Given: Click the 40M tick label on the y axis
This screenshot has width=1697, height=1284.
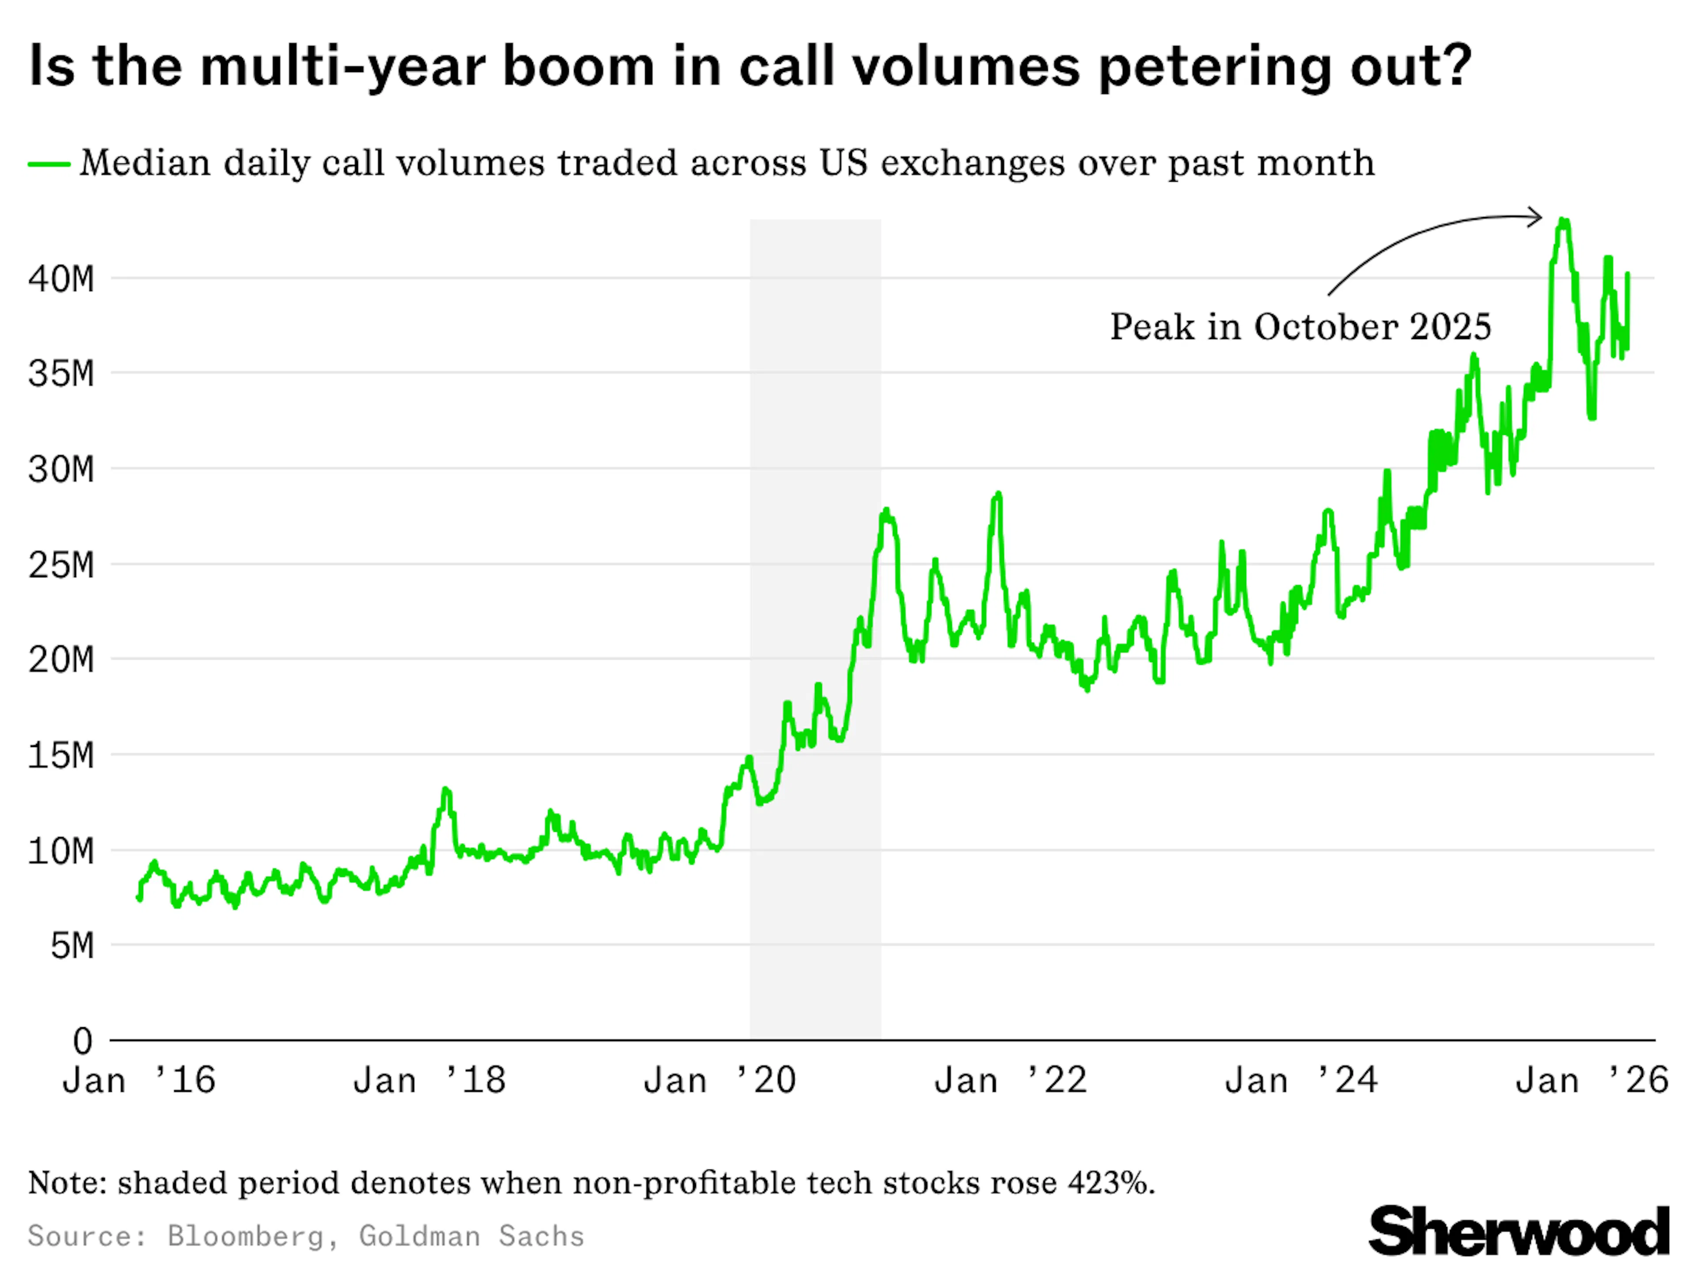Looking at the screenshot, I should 61,279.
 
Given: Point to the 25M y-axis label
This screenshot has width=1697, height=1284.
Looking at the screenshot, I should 61,566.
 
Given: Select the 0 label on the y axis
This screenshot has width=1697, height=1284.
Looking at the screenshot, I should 83,1041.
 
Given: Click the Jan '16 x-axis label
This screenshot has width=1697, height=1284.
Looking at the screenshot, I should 139,1081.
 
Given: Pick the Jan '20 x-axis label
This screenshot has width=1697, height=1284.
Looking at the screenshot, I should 719,1081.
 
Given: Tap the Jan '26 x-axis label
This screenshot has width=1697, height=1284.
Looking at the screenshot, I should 1592,1081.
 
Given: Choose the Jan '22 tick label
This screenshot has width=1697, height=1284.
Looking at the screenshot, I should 1010,1081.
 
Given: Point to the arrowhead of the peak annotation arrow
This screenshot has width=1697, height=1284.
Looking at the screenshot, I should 1538,217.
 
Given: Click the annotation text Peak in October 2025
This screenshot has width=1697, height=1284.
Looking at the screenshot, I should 1300,327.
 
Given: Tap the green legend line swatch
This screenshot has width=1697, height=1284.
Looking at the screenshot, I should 49,164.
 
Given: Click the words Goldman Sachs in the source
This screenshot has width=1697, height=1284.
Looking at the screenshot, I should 471,1236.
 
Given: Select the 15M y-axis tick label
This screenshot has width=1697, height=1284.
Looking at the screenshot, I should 61,756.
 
